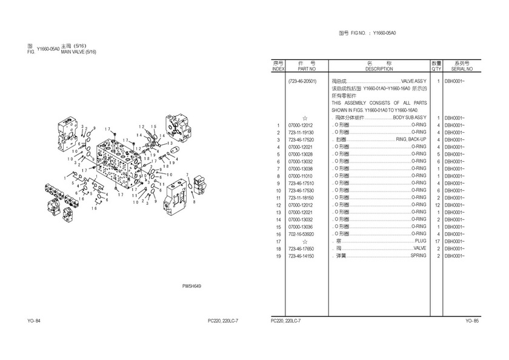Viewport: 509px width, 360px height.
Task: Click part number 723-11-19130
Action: point(301,132)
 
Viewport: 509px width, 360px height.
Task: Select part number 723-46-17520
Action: point(301,139)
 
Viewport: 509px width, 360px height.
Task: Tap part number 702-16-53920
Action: point(301,234)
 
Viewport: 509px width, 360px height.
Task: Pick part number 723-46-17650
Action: point(301,248)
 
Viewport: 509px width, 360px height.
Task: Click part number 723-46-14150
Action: point(301,256)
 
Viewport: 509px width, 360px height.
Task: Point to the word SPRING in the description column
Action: point(418,256)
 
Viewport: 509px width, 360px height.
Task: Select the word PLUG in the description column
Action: point(421,241)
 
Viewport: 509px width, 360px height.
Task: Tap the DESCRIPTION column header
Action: point(379,69)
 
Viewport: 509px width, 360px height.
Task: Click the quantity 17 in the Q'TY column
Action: point(437,241)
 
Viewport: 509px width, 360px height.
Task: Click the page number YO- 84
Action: point(34,321)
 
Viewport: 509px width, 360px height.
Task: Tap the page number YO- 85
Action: point(472,321)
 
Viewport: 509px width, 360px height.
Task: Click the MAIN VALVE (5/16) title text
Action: point(79,52)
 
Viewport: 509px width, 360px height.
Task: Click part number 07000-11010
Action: point(301,176)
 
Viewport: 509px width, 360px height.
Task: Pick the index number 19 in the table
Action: point(278,256)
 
